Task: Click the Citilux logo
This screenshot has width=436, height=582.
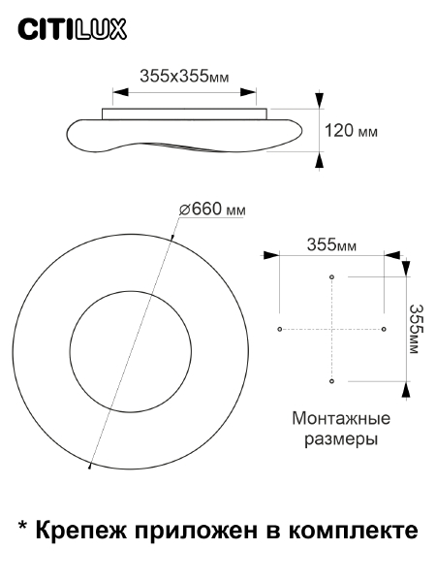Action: [x=74, y=31]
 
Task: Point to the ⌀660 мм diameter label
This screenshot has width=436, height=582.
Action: [x=212, y=209]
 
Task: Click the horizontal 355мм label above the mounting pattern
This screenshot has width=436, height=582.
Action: [x=331, y=244]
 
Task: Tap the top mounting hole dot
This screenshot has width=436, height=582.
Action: [x=332, y=277]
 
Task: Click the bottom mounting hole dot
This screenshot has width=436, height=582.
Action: [x=332, y=381]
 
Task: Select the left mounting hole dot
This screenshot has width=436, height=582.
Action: [x=280, y=330]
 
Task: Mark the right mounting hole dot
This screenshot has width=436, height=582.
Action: [x=384, y=330]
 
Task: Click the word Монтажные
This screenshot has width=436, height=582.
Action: [x=341, y=419]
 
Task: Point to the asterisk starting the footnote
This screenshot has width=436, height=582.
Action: [x=22, y=527]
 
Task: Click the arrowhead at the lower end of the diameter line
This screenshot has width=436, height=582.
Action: [x=91, y=466]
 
